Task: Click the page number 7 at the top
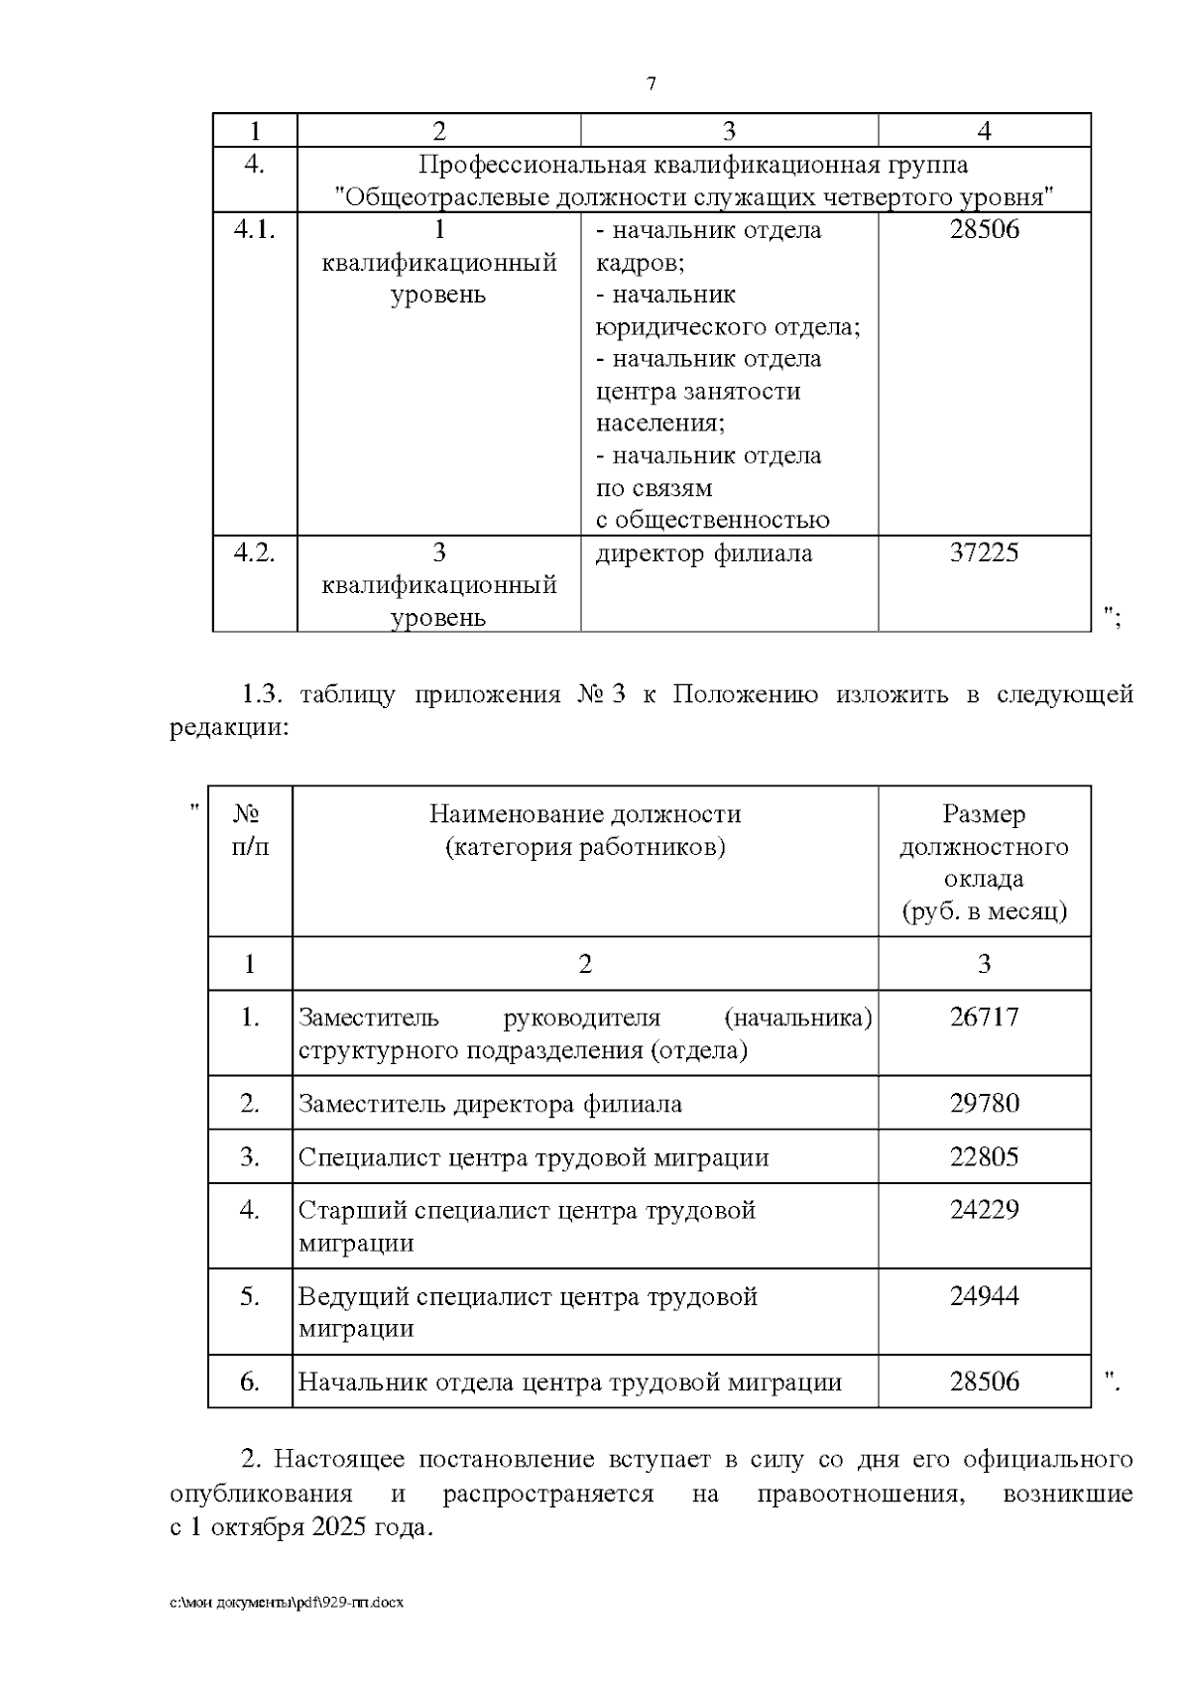[652, 84]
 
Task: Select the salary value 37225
[984, 553]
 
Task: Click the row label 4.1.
[254, 230]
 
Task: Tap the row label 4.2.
[254, 553]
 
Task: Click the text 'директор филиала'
[703, 553]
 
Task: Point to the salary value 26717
[984, 1018]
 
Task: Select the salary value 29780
[984, 1104]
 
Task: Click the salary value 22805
[984, 1157]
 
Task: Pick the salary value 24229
[984, 1210]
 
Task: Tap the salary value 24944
[984, 1296]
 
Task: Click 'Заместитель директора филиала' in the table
[490, 1104]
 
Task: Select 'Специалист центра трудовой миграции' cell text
[534, 1157]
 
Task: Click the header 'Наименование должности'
[585, 814]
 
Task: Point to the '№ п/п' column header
[249, 830]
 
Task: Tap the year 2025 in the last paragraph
[338, 1527]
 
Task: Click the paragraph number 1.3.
[262, 694]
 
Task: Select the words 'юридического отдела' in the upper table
[726, 326]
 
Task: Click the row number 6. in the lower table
[250, 1382]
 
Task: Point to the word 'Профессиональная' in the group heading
[530, 165]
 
